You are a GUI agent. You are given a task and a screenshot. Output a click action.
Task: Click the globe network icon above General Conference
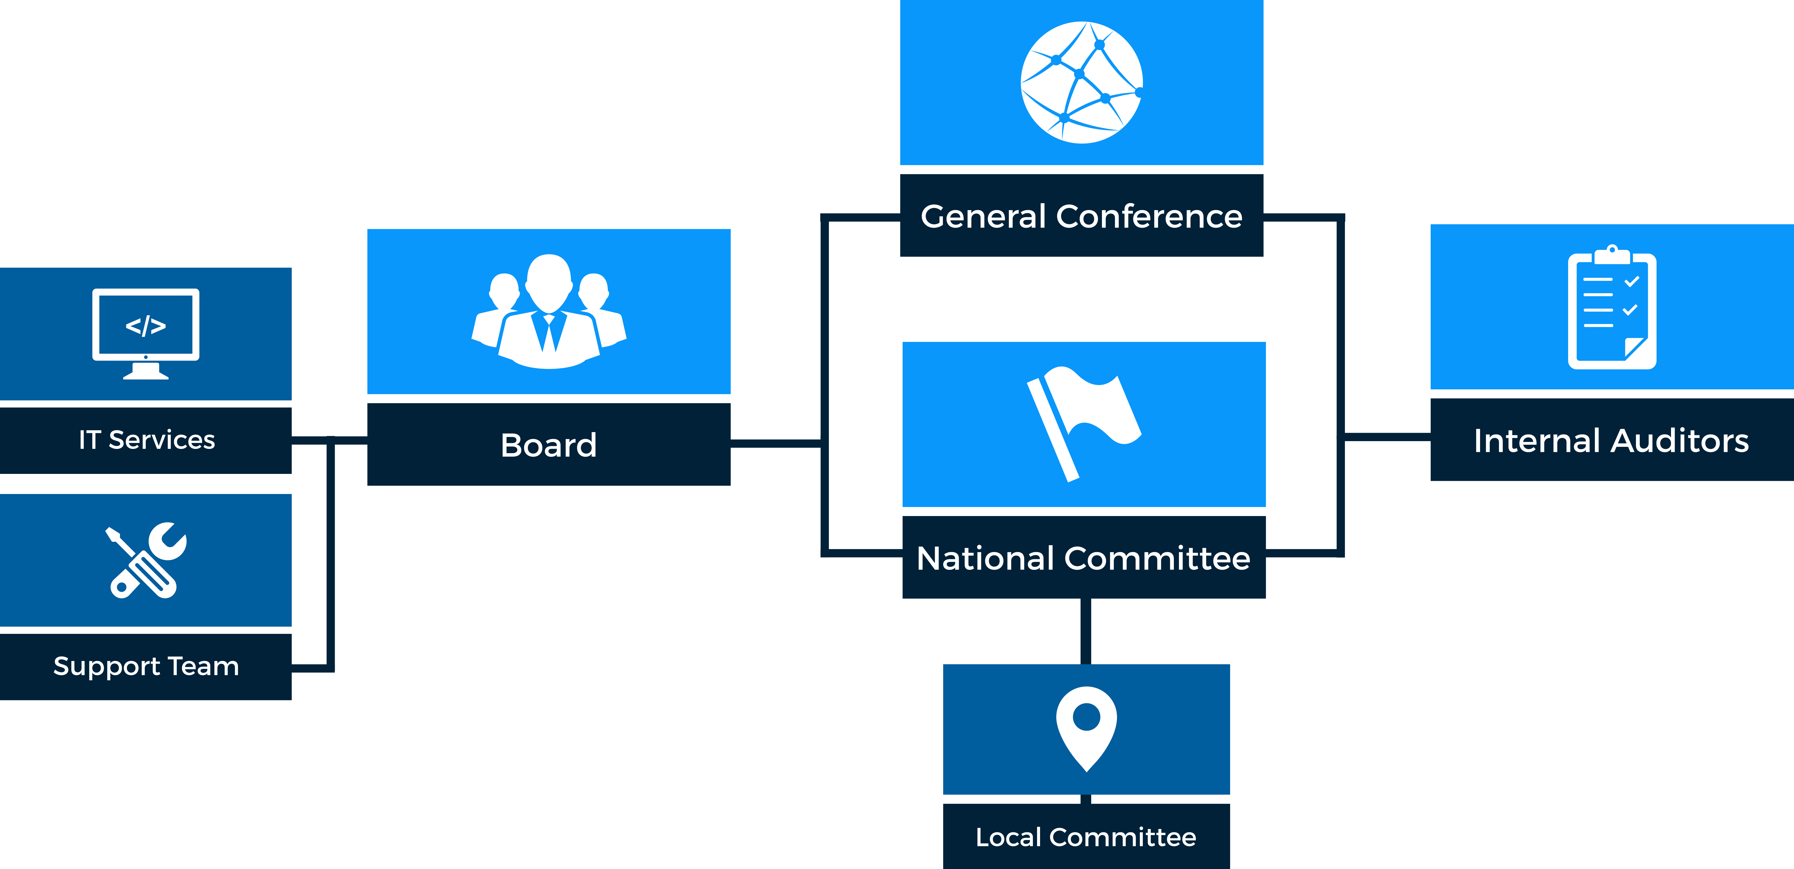[1082, 82]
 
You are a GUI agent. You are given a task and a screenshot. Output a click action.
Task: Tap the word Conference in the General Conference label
[1149, 216]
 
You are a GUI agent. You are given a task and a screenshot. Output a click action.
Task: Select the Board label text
[549, 445]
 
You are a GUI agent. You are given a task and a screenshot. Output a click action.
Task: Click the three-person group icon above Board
[549, 311]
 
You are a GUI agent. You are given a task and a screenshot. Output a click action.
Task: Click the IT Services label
[147, 440]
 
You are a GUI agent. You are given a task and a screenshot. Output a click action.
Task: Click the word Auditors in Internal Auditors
[1680, 441]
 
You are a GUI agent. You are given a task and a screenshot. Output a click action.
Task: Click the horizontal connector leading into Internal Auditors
[1387, 437]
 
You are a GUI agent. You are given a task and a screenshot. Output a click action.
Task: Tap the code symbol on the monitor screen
[146, 325]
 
